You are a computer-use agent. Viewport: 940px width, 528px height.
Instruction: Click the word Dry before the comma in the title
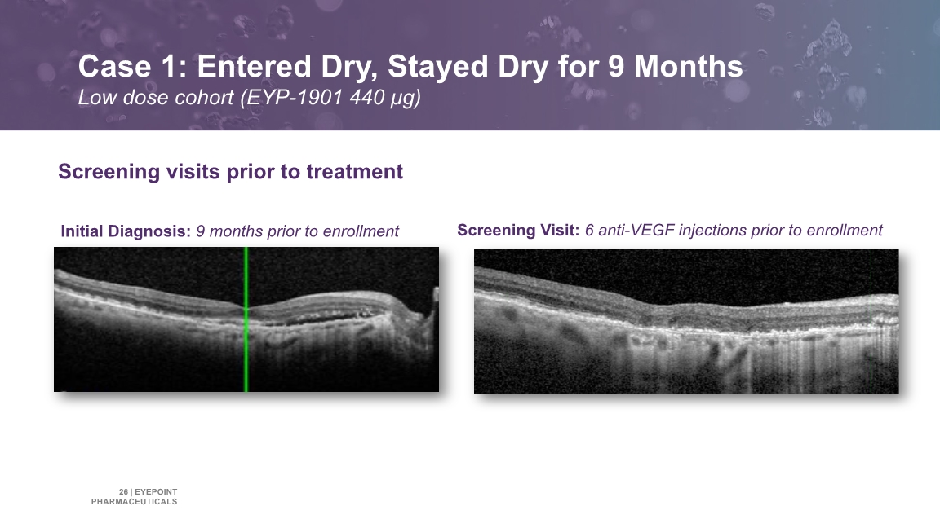pos(348,68)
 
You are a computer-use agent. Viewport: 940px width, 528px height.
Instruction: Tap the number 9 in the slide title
pos(617,67)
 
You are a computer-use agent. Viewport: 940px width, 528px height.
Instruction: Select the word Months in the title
pos(689,67)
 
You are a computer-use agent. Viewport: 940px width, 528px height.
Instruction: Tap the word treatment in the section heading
pos(354,172)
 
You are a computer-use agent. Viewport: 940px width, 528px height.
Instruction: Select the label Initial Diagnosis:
pos(126,231)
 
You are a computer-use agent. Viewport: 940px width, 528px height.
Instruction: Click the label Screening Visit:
pos(518,231)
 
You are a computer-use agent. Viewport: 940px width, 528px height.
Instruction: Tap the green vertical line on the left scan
pos(246,319)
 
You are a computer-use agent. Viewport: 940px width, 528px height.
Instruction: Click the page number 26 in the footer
pos(123,492)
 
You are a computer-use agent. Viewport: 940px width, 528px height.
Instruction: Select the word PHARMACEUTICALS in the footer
pos(135,502)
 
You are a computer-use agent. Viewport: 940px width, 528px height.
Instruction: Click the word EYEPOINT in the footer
pos(156,492)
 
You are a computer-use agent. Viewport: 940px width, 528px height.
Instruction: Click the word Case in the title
pos(114,67)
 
